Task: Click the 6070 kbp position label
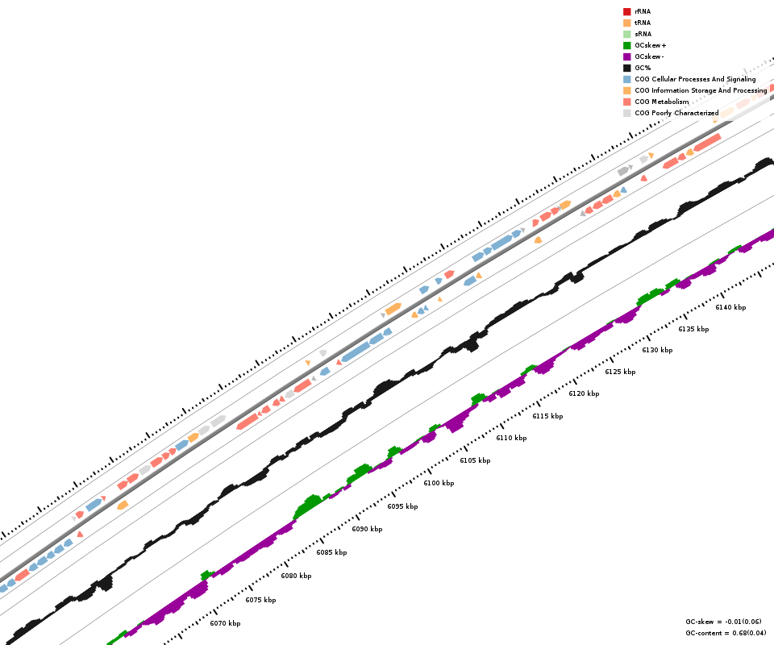click(225, 623)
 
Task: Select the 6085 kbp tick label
click(331, 552)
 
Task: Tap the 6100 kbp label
click(439, 483)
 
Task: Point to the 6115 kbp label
click(547, 416)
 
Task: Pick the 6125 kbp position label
click(620, 372)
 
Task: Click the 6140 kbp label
click(730, 307)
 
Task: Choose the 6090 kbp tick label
click(367, 529)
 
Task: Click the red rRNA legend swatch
click(626, 11)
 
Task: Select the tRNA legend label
click(643, 23)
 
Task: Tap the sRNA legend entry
click(643, 34)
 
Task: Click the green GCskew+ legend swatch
click(626, 45)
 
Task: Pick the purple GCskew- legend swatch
click(626, 56)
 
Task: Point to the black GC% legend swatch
click(626, 68)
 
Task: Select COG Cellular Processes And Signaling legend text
click(695, 79)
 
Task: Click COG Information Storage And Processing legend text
click(701, 90)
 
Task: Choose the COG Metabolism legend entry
click(661, 102)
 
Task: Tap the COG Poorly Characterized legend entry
click(676, 113)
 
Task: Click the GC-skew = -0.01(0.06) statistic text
click(723, 622)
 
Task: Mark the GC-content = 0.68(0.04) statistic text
click(723, 633)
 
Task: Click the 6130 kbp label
click(657, 350)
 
